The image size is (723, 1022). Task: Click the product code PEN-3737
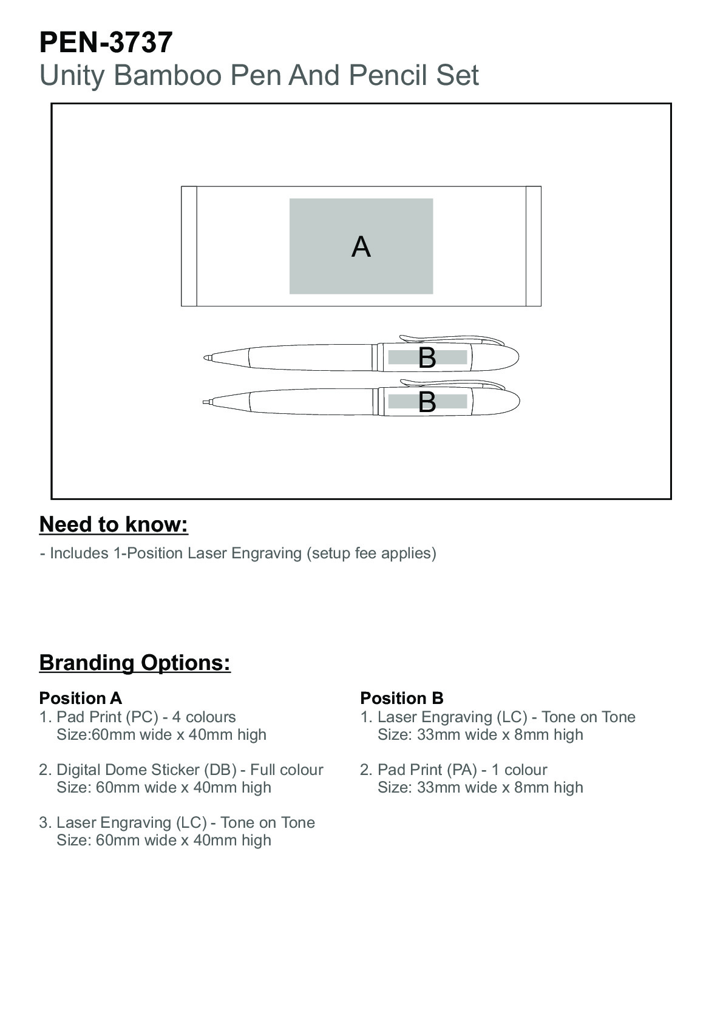[x=106, y=42]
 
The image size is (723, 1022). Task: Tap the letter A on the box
[x=361, y=247]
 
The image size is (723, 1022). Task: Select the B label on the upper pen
[x=427, y=358]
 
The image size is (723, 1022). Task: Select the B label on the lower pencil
[x=427, y=402]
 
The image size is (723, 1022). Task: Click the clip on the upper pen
[x=449, y=338]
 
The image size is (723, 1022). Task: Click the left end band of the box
[x=189, y=246]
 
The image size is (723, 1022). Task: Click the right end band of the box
[x=533, y=246]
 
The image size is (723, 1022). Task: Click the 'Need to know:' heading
[x=114, y=524]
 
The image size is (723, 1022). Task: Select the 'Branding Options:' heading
[x=135, y=662]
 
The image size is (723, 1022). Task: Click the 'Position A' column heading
[x=80, y=698]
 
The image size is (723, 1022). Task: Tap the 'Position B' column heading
[x=401, y=698]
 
